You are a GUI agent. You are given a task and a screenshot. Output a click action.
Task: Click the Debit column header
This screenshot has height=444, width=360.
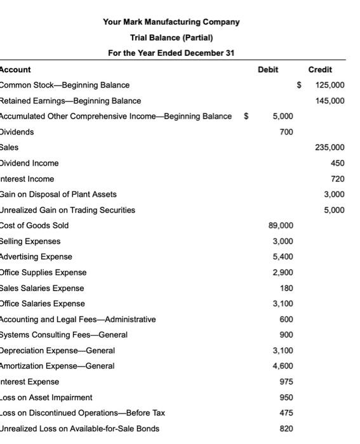[x=268, y=70]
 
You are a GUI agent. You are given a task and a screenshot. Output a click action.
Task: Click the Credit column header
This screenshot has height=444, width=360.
[x=320, y=70]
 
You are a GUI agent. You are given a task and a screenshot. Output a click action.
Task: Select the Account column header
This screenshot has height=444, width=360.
[x=15, y=70]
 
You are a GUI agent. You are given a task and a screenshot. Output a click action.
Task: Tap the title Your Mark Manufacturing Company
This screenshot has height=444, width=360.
[x=171, y=22]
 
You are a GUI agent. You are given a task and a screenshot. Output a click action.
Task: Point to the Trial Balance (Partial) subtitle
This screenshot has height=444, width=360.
[x=171, y=37]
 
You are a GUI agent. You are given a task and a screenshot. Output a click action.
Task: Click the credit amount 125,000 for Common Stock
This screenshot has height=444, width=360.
[x=330, y=85]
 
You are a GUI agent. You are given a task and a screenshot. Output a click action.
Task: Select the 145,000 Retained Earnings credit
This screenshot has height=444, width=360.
[x=330, y=101]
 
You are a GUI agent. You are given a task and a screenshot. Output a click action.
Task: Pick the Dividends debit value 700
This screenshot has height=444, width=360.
[x=286, y=132]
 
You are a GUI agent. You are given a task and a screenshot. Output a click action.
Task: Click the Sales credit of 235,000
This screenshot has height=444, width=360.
[x=330, y=147]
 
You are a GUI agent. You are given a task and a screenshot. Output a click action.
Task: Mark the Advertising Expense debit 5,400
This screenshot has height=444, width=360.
[x=283, y=257]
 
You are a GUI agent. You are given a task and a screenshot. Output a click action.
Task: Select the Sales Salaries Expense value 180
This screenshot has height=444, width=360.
[x=286, y=288]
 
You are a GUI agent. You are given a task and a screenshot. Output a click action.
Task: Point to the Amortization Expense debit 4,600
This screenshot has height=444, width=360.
[x=283, y=366]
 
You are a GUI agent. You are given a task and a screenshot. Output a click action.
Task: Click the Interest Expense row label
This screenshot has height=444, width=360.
[x=30, y=382]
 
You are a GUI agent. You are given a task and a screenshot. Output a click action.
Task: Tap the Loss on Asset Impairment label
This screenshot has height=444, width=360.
[x=46, y=398]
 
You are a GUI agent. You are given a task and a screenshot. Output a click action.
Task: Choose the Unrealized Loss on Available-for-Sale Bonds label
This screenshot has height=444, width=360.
[x=80, y=429]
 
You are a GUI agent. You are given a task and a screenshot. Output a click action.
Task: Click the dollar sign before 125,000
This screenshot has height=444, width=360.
[x=300, y=85]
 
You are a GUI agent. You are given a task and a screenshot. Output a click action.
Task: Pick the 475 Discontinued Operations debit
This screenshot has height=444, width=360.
[x=286, y=413]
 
